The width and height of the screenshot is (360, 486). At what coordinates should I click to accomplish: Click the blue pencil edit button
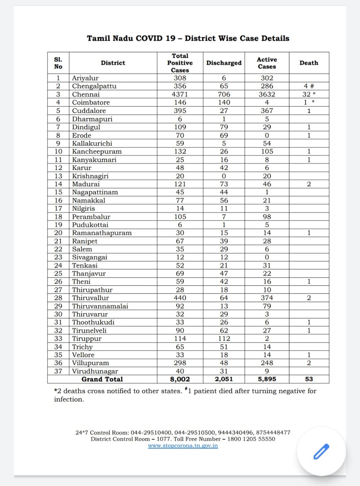pyautogui.click(x=321, y=451)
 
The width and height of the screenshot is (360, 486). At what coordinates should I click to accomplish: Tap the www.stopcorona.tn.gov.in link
pyautogui.click(x=183, y=445)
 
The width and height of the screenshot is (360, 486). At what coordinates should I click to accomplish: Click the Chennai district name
pyautogui.click(x=86, y=94)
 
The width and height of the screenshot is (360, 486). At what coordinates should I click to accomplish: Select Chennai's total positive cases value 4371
pyautogui.click(x=180, y=94)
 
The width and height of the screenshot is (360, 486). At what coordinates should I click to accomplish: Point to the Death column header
pyautogui.click(x=308, y=63)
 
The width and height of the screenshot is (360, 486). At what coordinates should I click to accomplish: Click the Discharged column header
pyautogui.click(x=224, y=63)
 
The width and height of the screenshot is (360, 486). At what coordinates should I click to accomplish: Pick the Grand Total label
pyautogui.click(x=102, y=379)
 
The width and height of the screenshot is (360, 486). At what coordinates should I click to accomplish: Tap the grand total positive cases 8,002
pyautogui.click(x=180, y=379)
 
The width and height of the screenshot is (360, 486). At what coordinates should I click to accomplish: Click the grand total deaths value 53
pyautogui.click(x=308, y=379)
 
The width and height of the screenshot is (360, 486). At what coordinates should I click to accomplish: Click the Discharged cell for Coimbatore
pyautogui.click(x=224, y=103)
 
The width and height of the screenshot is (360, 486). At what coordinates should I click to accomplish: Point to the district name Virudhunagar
pyautogui.click(x=95, y=371)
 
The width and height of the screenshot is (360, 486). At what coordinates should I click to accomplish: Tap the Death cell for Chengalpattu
pyautogui.click(x=308, y=86)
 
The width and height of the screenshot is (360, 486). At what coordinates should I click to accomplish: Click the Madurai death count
pyautogui.click(x=308, y=184)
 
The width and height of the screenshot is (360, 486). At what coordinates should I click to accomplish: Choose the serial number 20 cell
pyautogui.click(x=58, y=233)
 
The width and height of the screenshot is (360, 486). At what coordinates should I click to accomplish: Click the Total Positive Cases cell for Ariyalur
pyautogui.click(x=180, y=78)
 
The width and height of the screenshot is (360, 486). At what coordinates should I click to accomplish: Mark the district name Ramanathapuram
pyautogui.click(x=102, y=233)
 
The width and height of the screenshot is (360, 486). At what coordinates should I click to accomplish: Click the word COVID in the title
pyautogui.click(x=146, y=38)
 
